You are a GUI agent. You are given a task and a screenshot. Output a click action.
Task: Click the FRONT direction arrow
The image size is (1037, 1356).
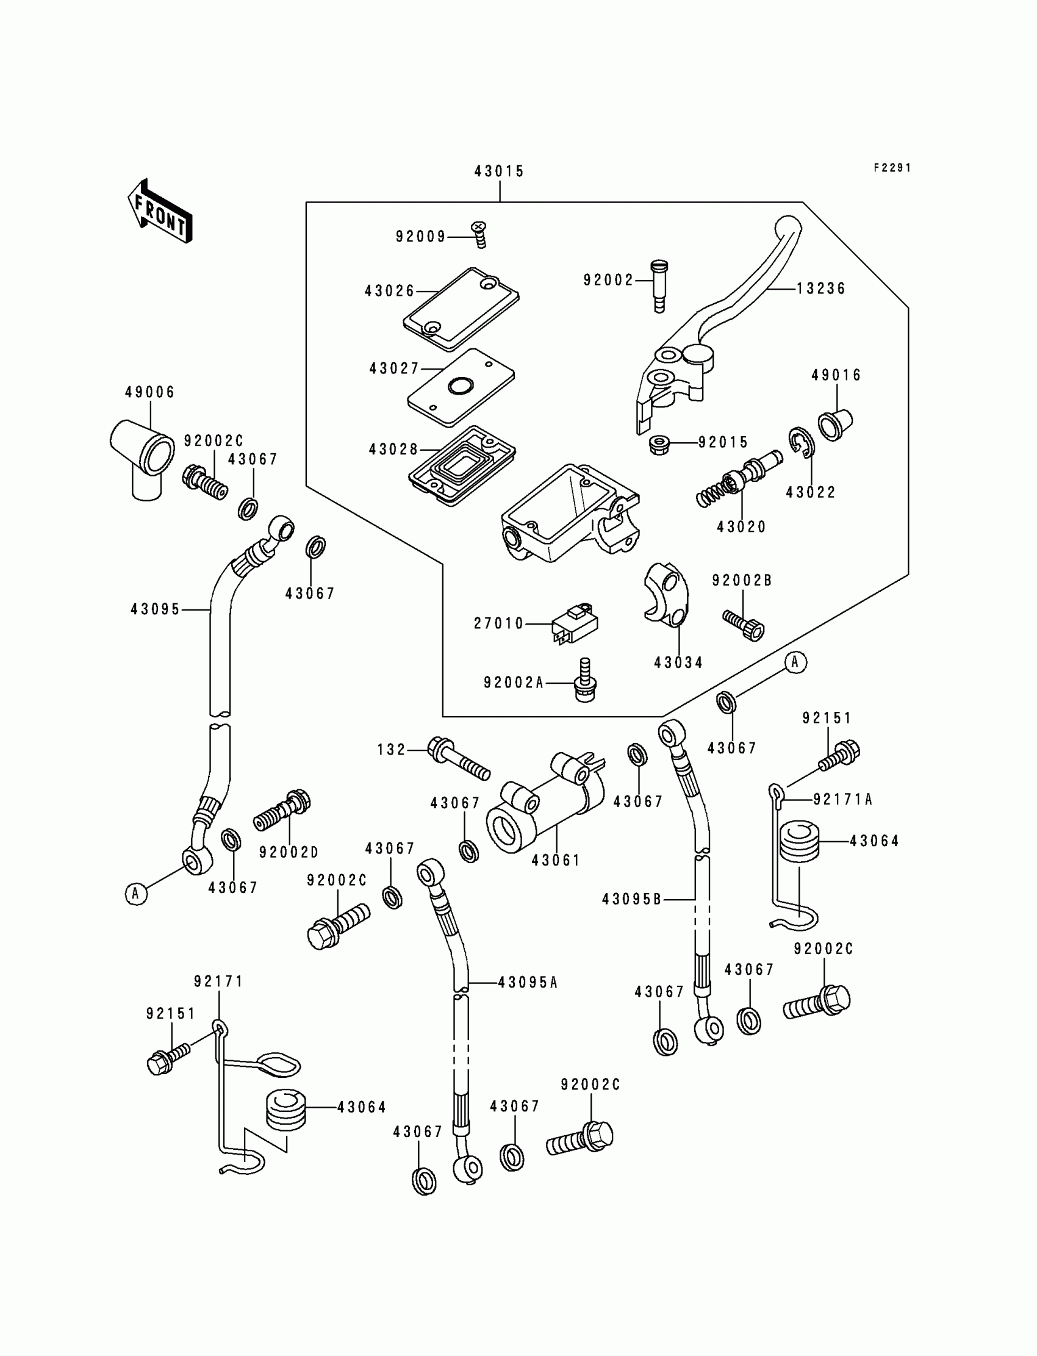(160, 212)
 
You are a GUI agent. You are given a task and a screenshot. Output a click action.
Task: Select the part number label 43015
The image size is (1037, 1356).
(499, 171)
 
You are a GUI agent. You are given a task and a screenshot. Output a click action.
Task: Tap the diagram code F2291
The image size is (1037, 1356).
(892, 168)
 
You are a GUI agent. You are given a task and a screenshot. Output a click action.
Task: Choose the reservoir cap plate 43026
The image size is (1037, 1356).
(461, 309)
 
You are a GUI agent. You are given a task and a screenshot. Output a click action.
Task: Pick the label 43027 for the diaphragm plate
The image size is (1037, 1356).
(394, 368)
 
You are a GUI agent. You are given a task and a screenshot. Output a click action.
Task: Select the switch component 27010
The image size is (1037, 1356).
(575, 624)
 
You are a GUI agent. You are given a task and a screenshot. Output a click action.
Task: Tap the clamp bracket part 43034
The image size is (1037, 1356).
(666, 592)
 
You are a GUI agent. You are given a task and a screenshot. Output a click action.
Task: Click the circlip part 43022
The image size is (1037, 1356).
(801, 442)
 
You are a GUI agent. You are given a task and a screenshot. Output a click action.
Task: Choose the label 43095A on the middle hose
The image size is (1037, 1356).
(528, 983)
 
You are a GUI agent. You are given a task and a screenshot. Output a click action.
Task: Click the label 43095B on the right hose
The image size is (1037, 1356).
(631, 900)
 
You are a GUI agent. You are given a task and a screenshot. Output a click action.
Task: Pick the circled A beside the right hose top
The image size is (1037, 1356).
(795, 662)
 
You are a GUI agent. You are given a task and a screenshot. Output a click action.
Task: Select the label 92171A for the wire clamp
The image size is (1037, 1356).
(842, 800)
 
